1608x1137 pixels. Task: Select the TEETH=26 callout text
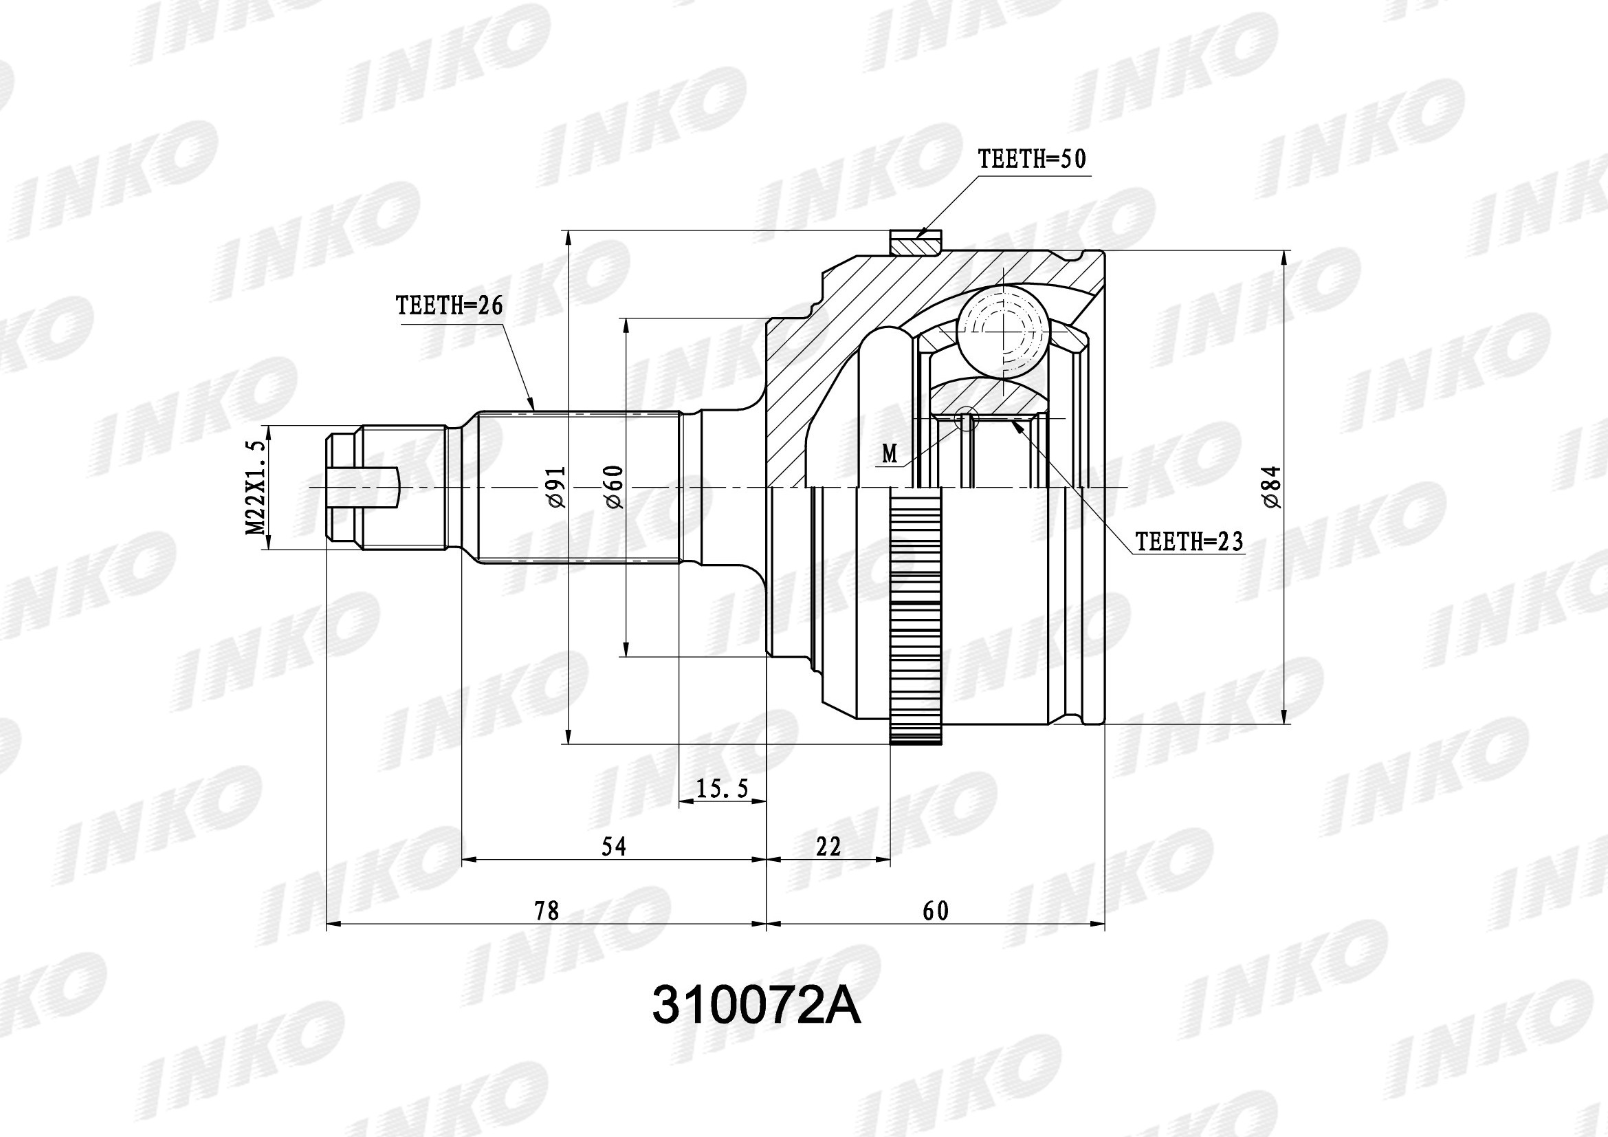(450, 305)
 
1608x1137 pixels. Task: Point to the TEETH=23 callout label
(1189, 541)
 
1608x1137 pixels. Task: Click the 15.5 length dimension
(723, 789)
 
